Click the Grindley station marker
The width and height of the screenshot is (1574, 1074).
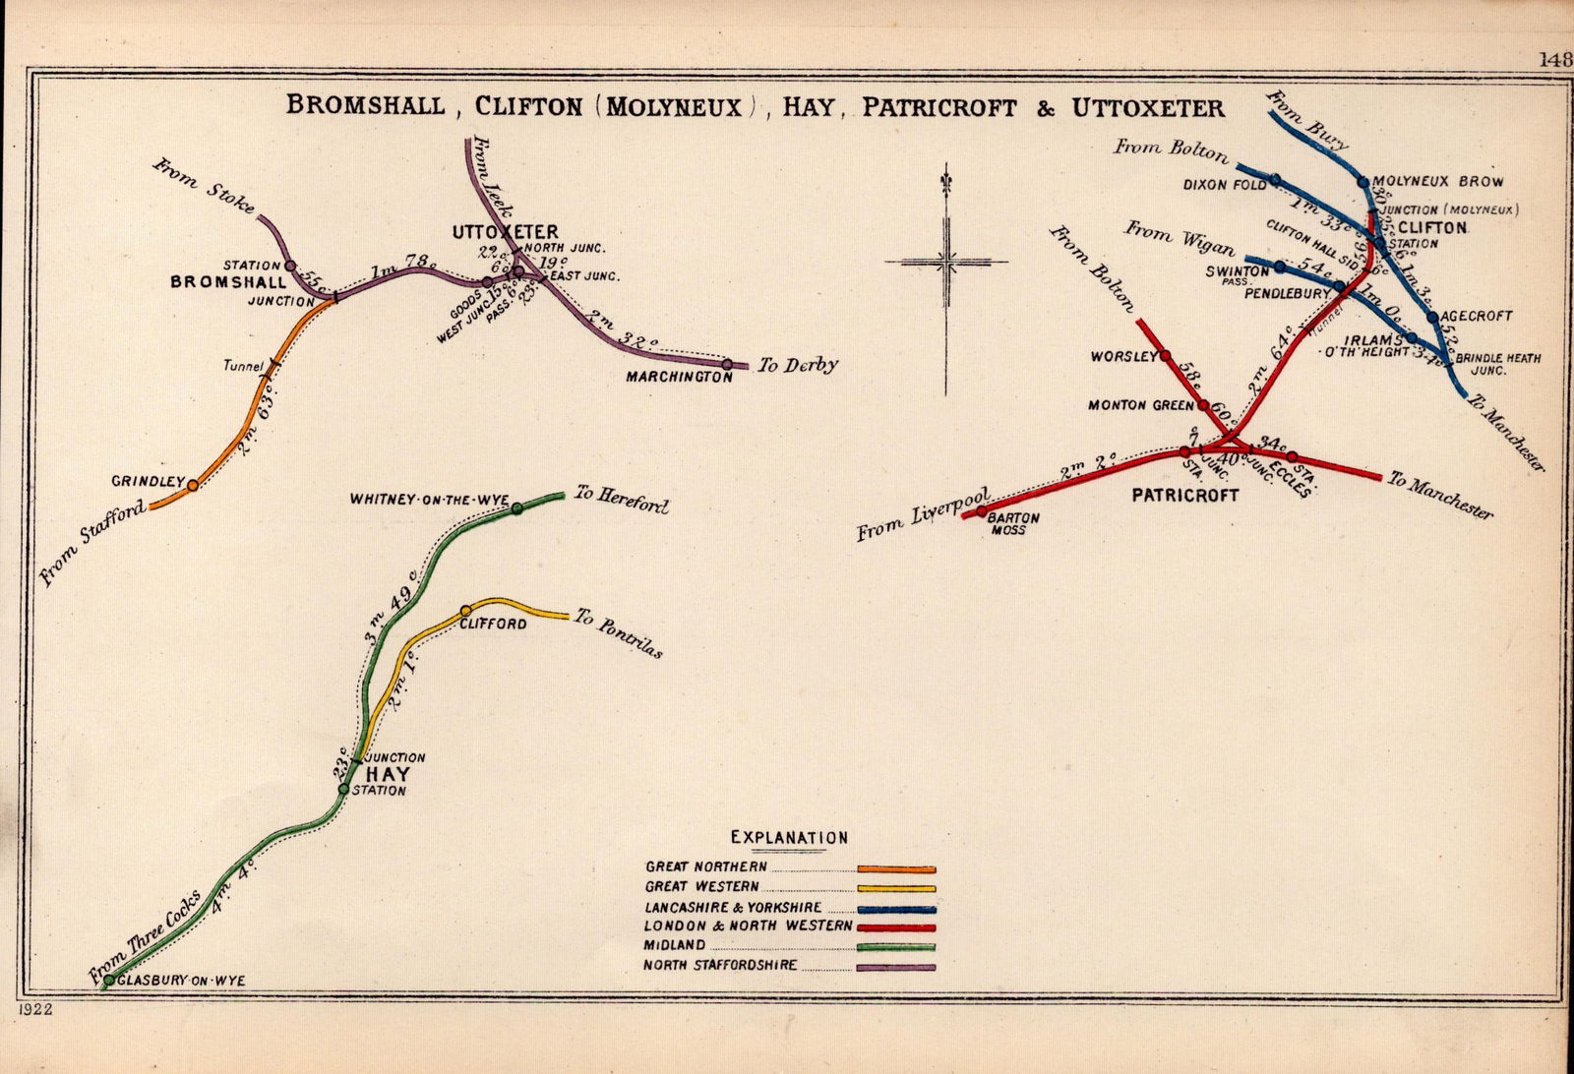click(193, 484)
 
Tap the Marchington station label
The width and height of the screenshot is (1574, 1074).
click(679, 377)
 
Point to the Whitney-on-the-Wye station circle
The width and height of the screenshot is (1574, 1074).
click(516, 508)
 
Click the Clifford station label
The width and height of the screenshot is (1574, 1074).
click(493, 625)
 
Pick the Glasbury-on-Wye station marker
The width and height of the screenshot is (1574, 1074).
click(109, 980)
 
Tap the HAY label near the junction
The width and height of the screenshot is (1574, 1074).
click(388, 774)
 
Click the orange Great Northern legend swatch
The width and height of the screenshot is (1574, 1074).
click(896, 869)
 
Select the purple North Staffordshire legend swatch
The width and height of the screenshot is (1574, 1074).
click(896, 967)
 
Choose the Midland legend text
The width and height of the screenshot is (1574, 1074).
click(676, 946)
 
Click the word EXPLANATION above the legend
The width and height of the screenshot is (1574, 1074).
click(789, 838)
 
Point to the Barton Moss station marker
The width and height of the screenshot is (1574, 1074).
click(981, 511)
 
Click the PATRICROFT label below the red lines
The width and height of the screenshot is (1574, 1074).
click(1184, 496)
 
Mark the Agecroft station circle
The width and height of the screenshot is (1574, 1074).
click(1432, 317)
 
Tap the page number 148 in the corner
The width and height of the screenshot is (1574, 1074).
click(1556, 59)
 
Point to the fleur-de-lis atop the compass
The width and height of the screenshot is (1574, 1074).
click(946, 185)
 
